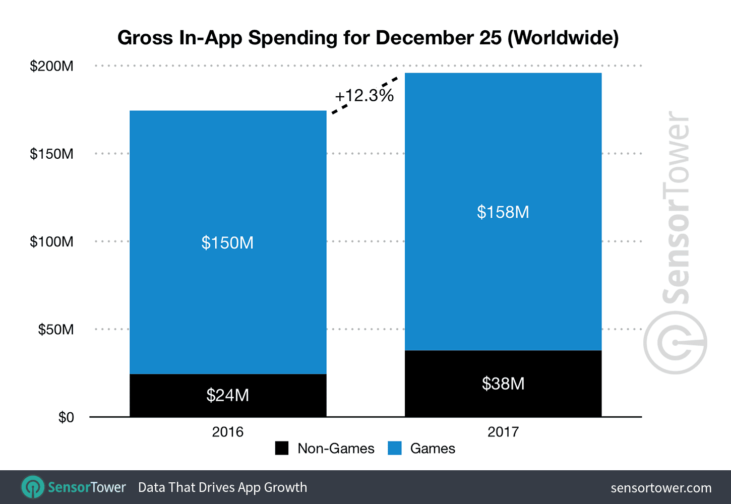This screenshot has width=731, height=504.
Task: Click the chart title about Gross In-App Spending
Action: click(x=368, y=38)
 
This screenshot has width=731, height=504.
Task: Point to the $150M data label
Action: click(x=227, y=243)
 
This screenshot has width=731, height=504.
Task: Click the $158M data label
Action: click(x=503, y=212)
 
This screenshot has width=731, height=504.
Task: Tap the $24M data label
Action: click(x=227, y=395)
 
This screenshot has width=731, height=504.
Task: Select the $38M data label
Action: click(x=503, y=384)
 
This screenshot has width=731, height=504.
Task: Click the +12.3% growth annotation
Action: click(x=364, y=95)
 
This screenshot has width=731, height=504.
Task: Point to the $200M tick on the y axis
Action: click(x=51, y=66)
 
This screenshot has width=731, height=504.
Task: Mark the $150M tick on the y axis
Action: click(x=51, y=154)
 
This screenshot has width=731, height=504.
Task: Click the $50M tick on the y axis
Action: click(x=56, y=330)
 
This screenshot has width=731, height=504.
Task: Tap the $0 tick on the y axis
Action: click(x=66, y=417)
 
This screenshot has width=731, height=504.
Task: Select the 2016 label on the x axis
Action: click(x=227, y=432)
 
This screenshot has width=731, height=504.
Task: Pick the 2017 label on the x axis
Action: click(x=503, y=432)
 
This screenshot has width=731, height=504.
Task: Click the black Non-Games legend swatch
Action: click(x=282, y=448)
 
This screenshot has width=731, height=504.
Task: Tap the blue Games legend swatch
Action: click(x=395, y=448)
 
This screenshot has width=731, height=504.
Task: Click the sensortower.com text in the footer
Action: click(x=661, y=488)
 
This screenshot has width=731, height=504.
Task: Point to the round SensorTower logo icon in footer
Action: click(x=33, y=487)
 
